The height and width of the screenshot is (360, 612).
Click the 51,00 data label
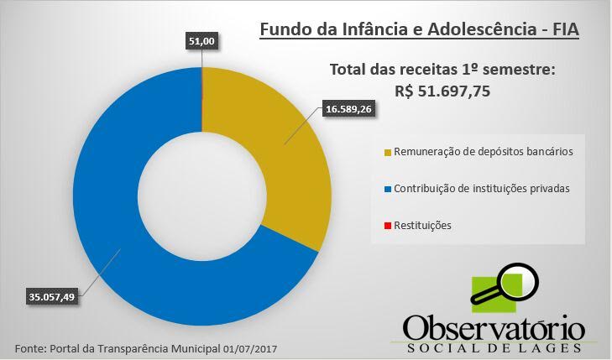point(201,41)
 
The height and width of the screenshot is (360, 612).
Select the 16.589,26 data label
point(348,109)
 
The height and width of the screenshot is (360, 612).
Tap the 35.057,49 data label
point(51,297)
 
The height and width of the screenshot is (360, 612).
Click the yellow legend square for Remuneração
point(388,153)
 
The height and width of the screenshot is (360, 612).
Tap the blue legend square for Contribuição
point(388,189)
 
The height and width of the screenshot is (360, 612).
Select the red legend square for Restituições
point(388,226)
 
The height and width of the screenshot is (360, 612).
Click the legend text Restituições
point(423,226)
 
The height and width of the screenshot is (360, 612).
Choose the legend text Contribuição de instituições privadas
point(482,189)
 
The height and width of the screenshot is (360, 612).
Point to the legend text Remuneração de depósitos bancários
point(484,152)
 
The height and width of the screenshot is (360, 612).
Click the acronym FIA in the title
point(566,29)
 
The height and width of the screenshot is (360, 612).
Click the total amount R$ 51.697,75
point(442,91)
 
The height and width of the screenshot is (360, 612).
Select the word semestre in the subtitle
point(518,70)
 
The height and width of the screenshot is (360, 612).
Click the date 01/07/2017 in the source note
point(250,349)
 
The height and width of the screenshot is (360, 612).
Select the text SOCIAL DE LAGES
point(494,348)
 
